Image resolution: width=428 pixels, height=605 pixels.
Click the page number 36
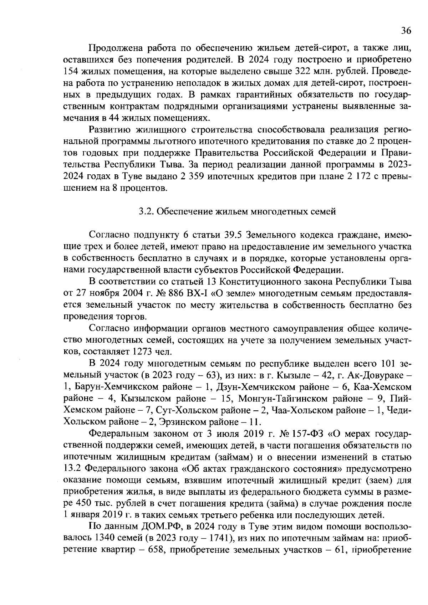(x=406, y=31)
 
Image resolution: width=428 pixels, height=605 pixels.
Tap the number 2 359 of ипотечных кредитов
(x=185, y=176)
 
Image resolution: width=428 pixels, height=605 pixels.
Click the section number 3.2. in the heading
(x=146, y=211)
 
